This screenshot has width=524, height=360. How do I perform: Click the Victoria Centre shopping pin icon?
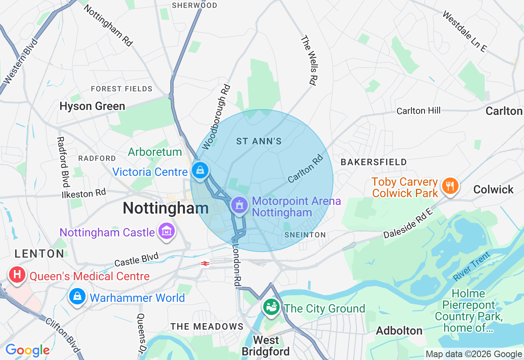200,170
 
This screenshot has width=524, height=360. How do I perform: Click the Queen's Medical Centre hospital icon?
17,274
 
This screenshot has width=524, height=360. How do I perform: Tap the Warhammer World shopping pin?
77,296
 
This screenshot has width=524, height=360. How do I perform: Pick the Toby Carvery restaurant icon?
450,186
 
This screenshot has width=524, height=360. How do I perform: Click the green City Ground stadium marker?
271,306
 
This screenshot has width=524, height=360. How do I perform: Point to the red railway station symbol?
205,264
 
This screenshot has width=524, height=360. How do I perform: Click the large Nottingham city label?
166,208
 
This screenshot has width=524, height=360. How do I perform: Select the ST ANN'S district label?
259,142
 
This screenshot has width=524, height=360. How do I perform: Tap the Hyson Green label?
92,106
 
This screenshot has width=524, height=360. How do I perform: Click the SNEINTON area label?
305,235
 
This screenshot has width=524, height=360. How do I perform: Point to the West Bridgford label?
266,346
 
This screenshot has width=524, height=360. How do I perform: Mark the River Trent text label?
471,267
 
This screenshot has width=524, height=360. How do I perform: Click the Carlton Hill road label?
418,110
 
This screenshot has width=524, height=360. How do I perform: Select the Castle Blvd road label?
136,259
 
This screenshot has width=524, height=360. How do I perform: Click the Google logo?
27,350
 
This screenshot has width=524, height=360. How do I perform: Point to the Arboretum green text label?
155,152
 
